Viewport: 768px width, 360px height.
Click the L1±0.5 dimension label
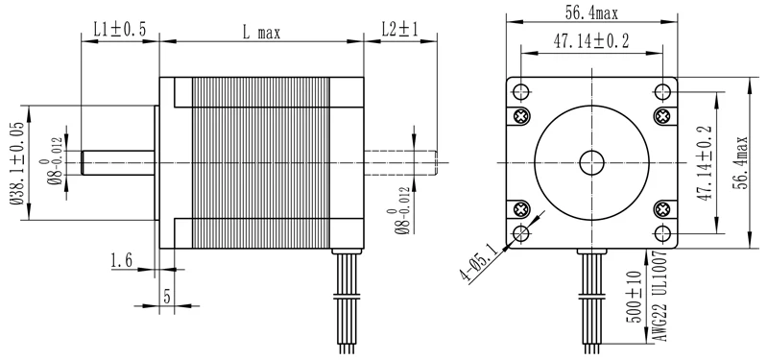click(x=120, y=30)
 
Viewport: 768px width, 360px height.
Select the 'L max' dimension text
click(x=261, y=33)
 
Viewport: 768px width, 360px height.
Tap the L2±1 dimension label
click(x=400, y=30)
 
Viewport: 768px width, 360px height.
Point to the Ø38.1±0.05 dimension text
click(x=17, y=162)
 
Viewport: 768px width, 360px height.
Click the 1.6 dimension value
click(x=122, y=260)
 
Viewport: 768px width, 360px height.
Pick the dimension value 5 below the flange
click(x=167, y=297)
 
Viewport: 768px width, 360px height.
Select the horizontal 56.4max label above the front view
click(x=591, y=13)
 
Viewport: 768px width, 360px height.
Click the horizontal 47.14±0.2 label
click(x=591, y=41)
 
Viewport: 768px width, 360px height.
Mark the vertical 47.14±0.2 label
click(x=705, y=162)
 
